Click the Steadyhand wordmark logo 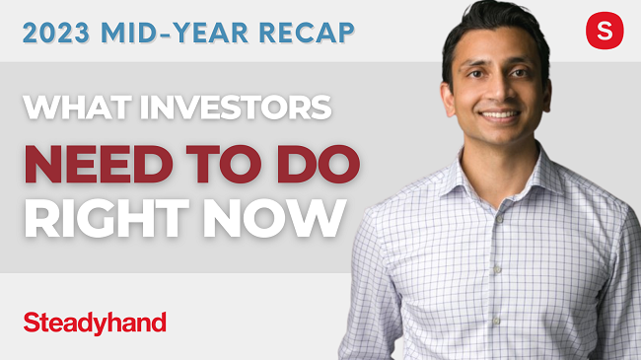click(94, 322)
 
